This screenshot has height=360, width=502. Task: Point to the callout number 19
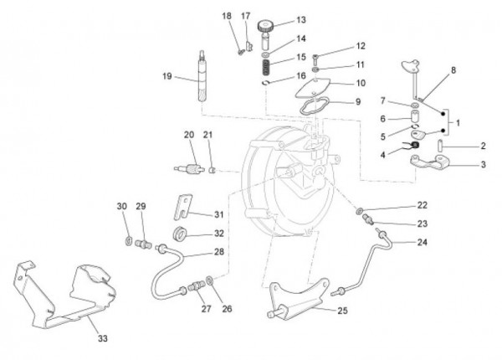167,76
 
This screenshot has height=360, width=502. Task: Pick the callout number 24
421,242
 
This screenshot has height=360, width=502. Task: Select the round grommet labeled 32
178,231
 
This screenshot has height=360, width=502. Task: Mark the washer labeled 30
125,241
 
